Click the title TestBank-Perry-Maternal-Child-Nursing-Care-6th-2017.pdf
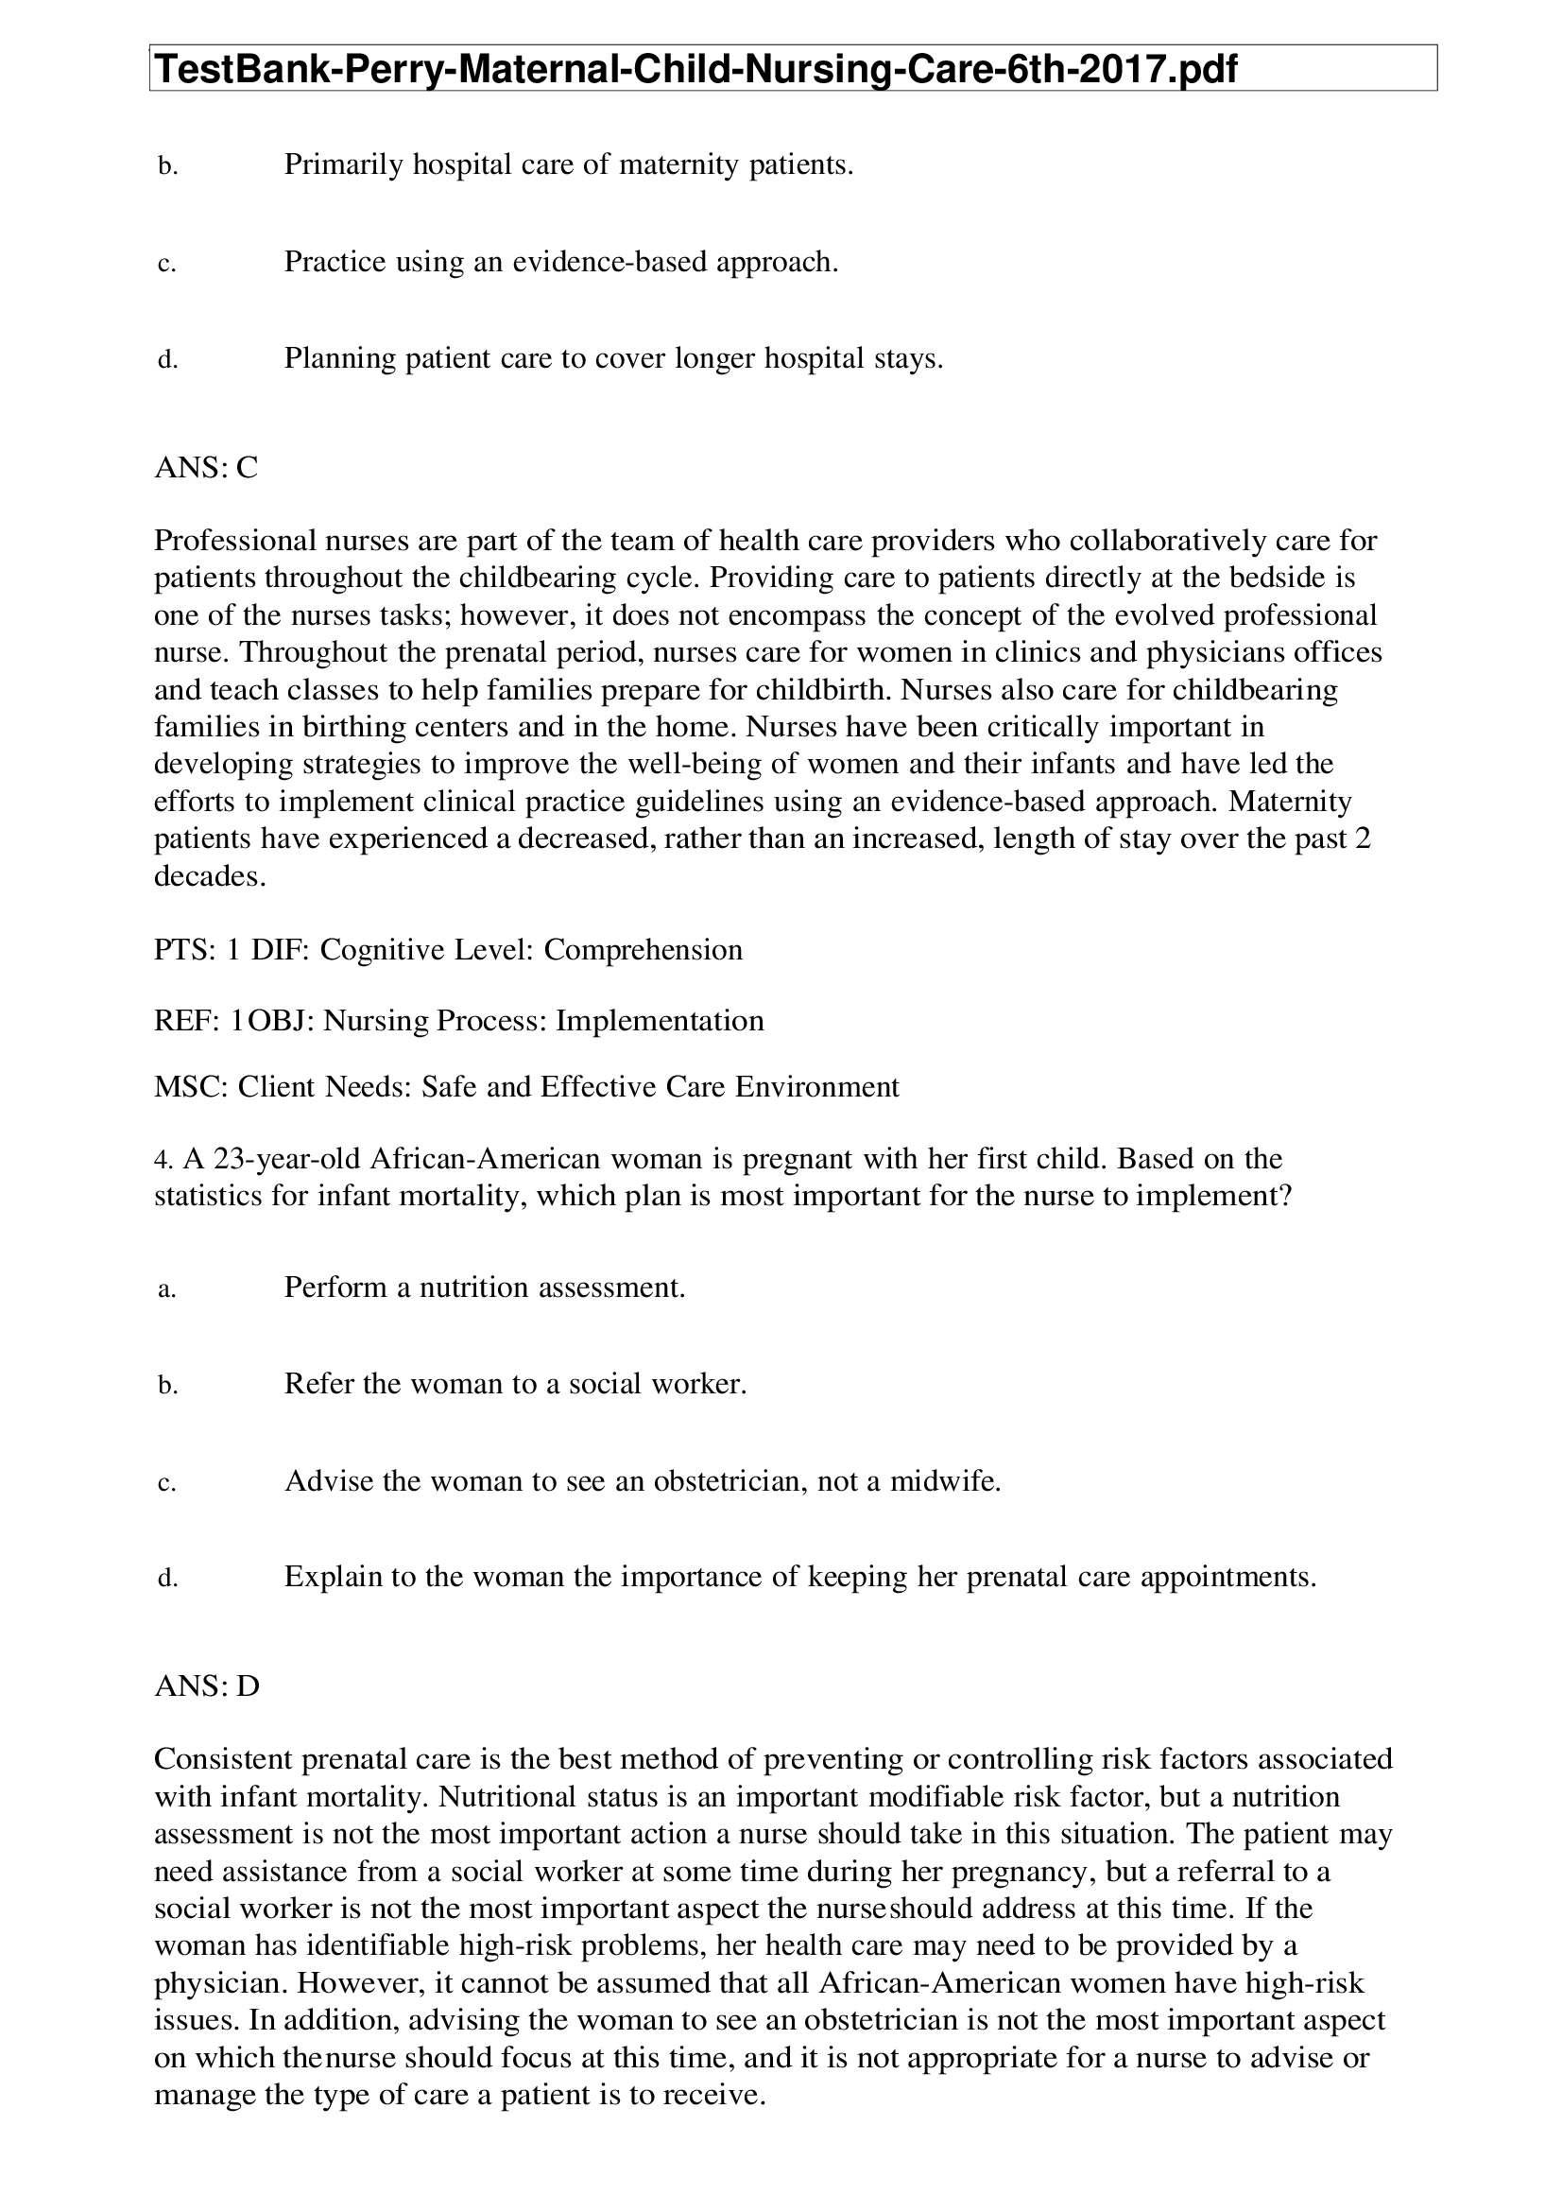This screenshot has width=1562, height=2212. (695, 69)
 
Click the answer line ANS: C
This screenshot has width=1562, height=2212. (206, 468)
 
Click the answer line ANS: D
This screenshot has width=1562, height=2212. (207, 1686)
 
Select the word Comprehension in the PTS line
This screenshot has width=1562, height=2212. (643, 950)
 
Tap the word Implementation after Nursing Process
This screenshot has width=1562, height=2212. (660, 1020)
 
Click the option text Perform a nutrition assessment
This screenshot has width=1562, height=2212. (485, 1287)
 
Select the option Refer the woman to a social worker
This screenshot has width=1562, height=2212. (515, 1385)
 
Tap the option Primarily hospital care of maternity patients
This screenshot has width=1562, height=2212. (568, 165)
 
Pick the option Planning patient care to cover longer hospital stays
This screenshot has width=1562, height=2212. (613, 359)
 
